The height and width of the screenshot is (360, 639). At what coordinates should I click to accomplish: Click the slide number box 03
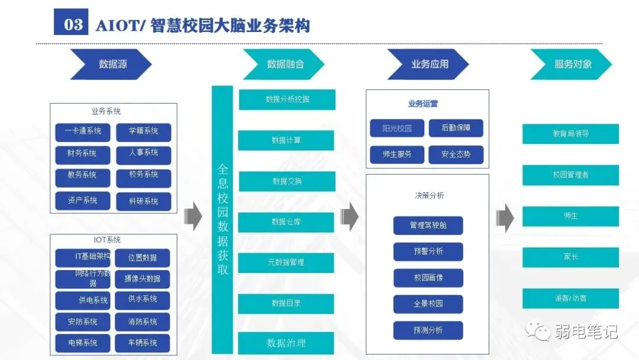click(x=71, y=24)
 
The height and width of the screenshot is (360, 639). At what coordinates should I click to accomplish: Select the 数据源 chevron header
click(x=112, y=64)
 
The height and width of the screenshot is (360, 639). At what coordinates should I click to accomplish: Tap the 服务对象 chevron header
click(x=572, y=64)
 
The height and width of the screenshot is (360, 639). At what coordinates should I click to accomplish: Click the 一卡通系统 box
click(x=83, y=131)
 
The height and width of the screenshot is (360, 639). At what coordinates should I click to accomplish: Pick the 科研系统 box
click(x=143, y=201)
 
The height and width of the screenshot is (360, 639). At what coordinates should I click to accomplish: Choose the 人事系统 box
click(x=143, y=153)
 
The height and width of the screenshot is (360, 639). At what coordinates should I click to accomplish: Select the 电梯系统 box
click(x=83, y=343)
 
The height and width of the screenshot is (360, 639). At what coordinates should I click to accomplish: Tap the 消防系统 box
click(x=142, y=322)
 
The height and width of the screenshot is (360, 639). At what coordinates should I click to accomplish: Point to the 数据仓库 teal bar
click(x=286, y=221)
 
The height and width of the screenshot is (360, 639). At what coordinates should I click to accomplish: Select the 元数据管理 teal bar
click(x=286, y=262)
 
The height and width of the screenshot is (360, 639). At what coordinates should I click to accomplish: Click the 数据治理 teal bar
click(x=286, y=343)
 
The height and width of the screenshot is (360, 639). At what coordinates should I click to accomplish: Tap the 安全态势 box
click(x=456, y=155)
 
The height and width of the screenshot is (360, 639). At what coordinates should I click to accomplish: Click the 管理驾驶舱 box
click(x=428, y=226)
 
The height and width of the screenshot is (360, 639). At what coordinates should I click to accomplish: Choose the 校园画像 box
click(x=428, y=278)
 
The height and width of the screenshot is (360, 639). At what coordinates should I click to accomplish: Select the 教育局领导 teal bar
click(x=570, y=134)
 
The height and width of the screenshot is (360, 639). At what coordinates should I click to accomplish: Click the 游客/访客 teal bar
click(x=570, y=298)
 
